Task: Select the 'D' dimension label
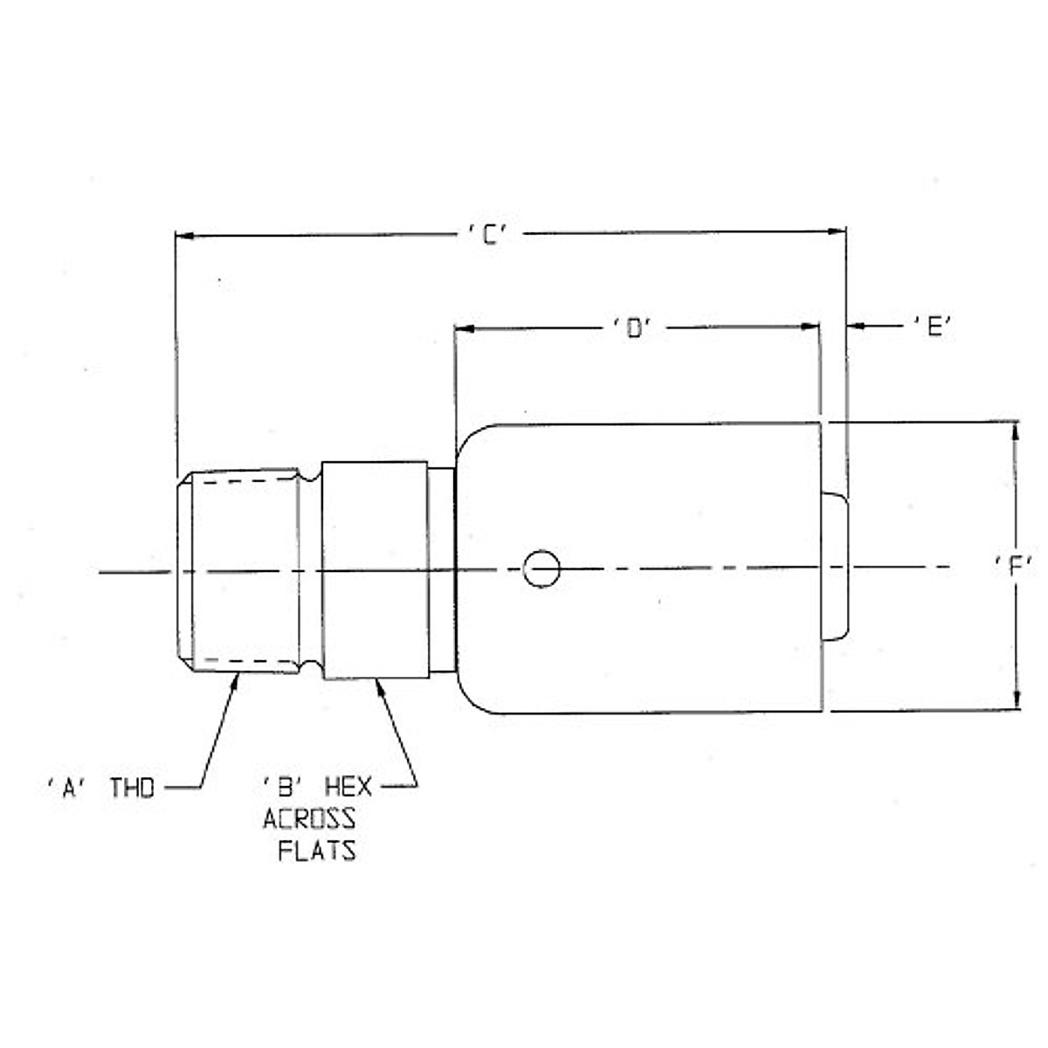pyautogui.click(x=633, y=328)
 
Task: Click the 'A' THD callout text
pyautogui.click(x=100, y=788)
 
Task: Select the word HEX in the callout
pyautogui.click(x=348, y=787)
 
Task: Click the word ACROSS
pyautogui.click(x=309, y=819)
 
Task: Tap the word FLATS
pyautogui.click(x=317, y=851)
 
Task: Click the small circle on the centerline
pyautogui.click(x=541, y=569)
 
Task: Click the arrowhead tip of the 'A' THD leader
pyautogui.click(x=236, y=678)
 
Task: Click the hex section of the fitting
pyautogui.click(x=375, y=569)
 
